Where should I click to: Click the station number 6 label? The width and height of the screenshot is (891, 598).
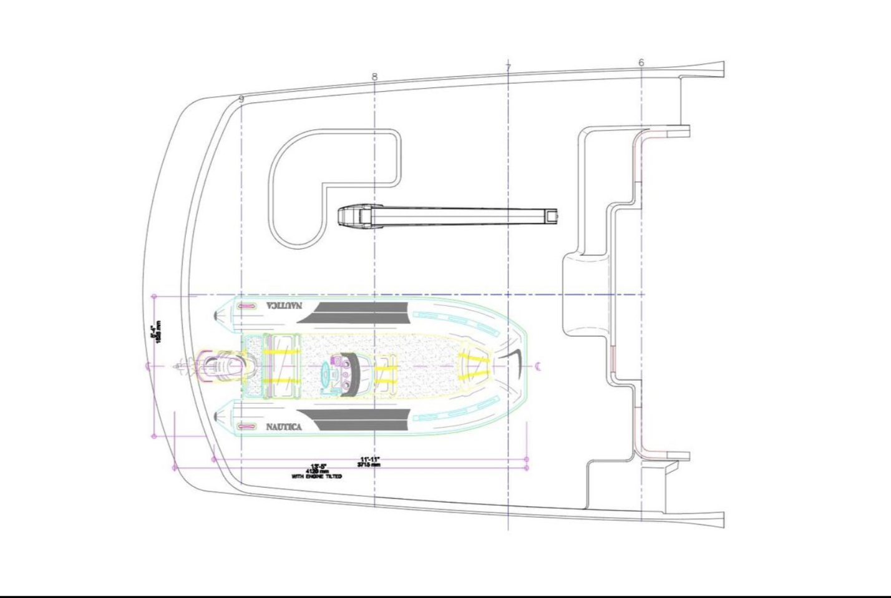[x=641, y=63]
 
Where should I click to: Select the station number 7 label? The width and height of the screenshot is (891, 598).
[x=509, y=68]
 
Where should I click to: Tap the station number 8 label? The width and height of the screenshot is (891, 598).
[x=374, y=77]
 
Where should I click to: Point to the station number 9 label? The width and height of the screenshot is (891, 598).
[x=241, y=99]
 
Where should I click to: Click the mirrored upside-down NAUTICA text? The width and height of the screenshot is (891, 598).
[x=284, y=306]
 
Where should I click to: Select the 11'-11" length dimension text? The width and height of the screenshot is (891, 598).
[x=369, y=461]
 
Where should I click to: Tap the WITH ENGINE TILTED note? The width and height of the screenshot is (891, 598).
[x=316, y=476]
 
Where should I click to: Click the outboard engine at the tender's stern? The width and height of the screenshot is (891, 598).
[x=218, y=366]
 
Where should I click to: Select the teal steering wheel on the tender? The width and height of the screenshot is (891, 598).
[x=326, y=373]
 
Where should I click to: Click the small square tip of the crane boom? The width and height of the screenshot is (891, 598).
[x=550, y=216]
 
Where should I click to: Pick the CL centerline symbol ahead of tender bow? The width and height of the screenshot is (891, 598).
[x=538, y=366]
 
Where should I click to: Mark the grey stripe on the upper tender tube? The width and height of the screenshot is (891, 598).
[x=356, y=311]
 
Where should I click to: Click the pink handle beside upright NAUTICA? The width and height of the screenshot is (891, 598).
[x=248, y=427]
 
